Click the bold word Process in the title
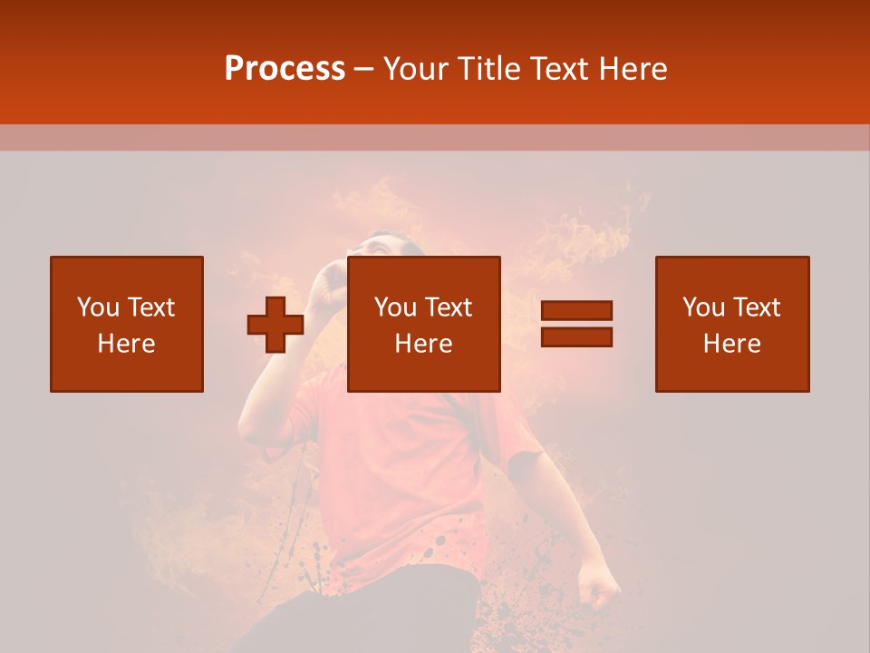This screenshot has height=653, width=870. pos(285,69)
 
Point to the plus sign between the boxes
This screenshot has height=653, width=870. pos(275,325)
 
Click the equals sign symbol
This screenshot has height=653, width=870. pos(576,324)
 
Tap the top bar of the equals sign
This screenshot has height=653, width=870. pos(576,311)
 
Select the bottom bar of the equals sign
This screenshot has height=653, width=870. pos(576,336)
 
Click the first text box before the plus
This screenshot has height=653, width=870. pos(127,324)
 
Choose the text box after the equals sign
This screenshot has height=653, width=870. pos(732,324)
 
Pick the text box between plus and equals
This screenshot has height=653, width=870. pos(424,324)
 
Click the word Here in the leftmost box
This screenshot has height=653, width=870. pos(127,344)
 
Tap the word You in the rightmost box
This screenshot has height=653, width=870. pos(703,307)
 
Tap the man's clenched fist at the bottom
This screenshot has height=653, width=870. pos(598,588)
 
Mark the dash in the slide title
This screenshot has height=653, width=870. pos(364,70)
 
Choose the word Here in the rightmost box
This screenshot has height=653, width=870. pos(732,344)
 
